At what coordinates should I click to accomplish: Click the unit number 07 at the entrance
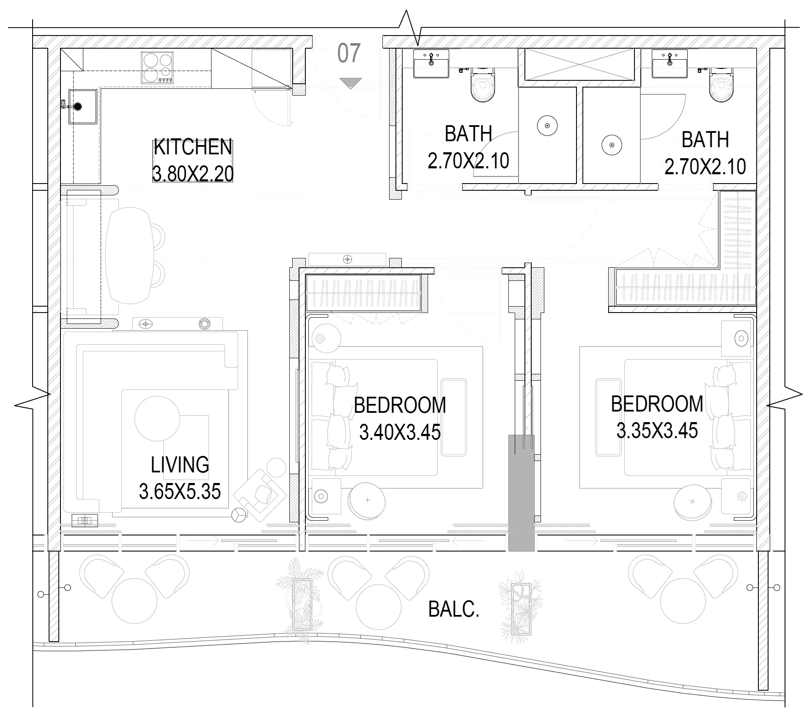[x=349, y=53]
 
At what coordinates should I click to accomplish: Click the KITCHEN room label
[x=193, y=147]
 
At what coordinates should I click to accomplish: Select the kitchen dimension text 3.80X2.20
[x=193, y=174]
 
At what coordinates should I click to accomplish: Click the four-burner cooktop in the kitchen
[x=157, y=67]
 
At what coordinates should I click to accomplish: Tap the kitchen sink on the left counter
[x=83, y=107]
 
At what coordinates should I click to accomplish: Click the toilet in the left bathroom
[x=483, y=85]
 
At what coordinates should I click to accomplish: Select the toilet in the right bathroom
[x=721, y=85]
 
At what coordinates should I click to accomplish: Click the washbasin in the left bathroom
[x=431, y=63]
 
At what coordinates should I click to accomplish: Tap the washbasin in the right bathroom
[x=670, y=63]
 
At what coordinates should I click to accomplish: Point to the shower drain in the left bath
[x=547, y=126]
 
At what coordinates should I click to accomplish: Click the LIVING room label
[x=180, y=464]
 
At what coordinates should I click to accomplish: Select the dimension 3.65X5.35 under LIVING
[x=180, y=491]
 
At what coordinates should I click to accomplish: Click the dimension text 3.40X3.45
[x=400, y=432]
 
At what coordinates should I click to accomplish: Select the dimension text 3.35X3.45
[x=657, y=431]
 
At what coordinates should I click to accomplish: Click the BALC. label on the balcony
[x=454, y=609]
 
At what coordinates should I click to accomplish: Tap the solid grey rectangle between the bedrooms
[x=521, y=493]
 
